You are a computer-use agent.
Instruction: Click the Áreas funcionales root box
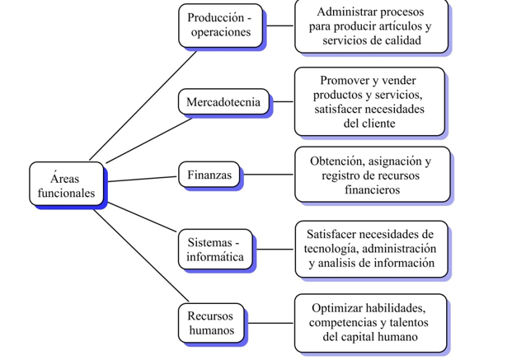67,184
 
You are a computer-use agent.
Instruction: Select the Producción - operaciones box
220,26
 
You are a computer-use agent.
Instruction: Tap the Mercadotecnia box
223,101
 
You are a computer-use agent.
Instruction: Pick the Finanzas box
209,175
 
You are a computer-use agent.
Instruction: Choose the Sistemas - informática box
215,249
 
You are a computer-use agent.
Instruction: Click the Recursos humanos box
211,323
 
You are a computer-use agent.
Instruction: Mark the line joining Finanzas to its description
268,175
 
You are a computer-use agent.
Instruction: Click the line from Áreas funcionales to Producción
143,105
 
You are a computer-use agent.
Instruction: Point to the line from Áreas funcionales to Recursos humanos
141,255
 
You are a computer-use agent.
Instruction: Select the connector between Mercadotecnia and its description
283,101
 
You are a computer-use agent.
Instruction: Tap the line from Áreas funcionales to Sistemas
143,217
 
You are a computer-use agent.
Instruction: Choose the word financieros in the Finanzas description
373,189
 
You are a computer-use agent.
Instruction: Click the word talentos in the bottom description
409,322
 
